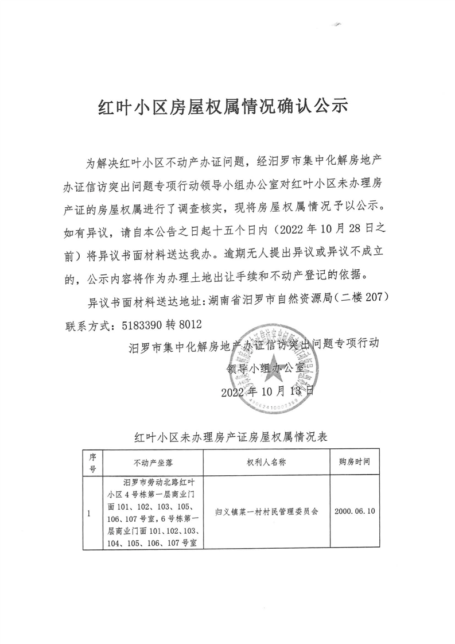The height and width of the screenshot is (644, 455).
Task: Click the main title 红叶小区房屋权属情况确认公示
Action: click(227, 107)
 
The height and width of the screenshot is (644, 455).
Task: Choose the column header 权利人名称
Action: click(266, 461)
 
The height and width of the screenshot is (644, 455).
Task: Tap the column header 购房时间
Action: click(355, 461)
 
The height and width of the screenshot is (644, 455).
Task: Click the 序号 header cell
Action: click(91, 461)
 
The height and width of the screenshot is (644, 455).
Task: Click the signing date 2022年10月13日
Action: click(267, 393)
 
